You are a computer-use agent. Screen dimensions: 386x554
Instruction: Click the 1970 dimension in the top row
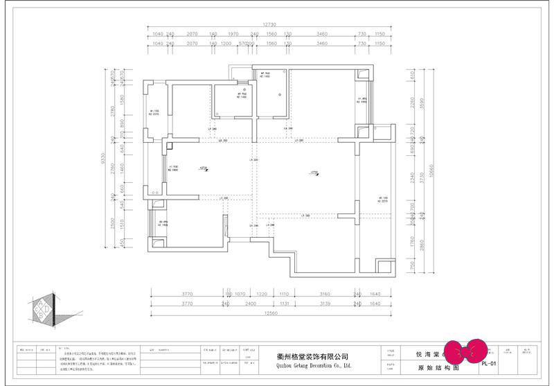[x=233, y=34]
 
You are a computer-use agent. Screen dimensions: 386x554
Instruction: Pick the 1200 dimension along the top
[x=226, y=43]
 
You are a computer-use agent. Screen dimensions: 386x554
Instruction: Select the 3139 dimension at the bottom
[x=324, y=304]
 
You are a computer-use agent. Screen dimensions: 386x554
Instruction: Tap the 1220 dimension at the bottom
[x=262, y=294]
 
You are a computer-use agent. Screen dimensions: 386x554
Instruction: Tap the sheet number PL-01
[x=489, y=362]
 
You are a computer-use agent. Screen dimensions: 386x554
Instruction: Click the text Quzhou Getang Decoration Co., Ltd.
[x=309, y=365]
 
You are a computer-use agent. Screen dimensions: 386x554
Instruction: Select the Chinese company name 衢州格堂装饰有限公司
[x=309, y=356]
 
